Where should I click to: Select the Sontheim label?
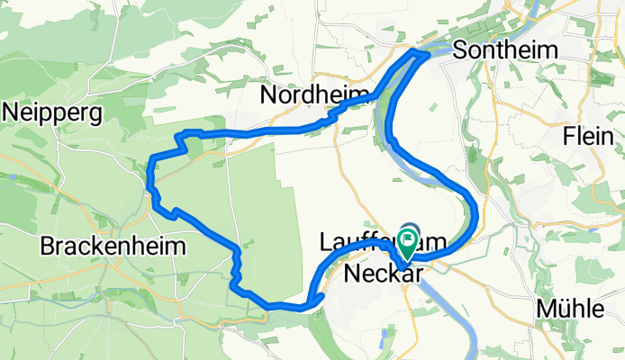(506, 49)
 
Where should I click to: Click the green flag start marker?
(408, 240)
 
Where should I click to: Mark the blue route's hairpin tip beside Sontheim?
(424, 53)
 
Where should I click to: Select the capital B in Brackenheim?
(48, 246)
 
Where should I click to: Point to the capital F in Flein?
(568, 137)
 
